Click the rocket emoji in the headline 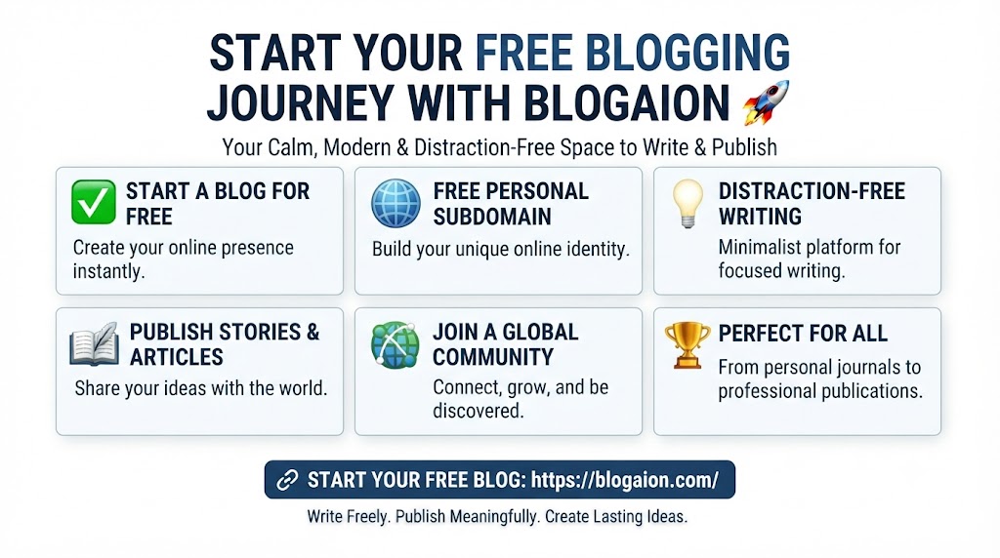point(766,101)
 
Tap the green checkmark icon point(94,202)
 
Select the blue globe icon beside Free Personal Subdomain point(396,203)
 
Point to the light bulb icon point(687,203)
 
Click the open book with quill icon point(95,344)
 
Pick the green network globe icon point(396,344)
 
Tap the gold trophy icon point(687,344)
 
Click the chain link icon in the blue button point(287,480)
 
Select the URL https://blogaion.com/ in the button point(624,480)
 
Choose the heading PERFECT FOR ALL point(803,334)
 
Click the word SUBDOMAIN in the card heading point(492,217)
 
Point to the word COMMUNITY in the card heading point(492,357)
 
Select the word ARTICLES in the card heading point(177,357)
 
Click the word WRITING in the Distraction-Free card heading point(760,217)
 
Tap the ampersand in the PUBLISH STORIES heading point(312,332)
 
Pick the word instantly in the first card point(108,271)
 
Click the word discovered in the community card point(479,411)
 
